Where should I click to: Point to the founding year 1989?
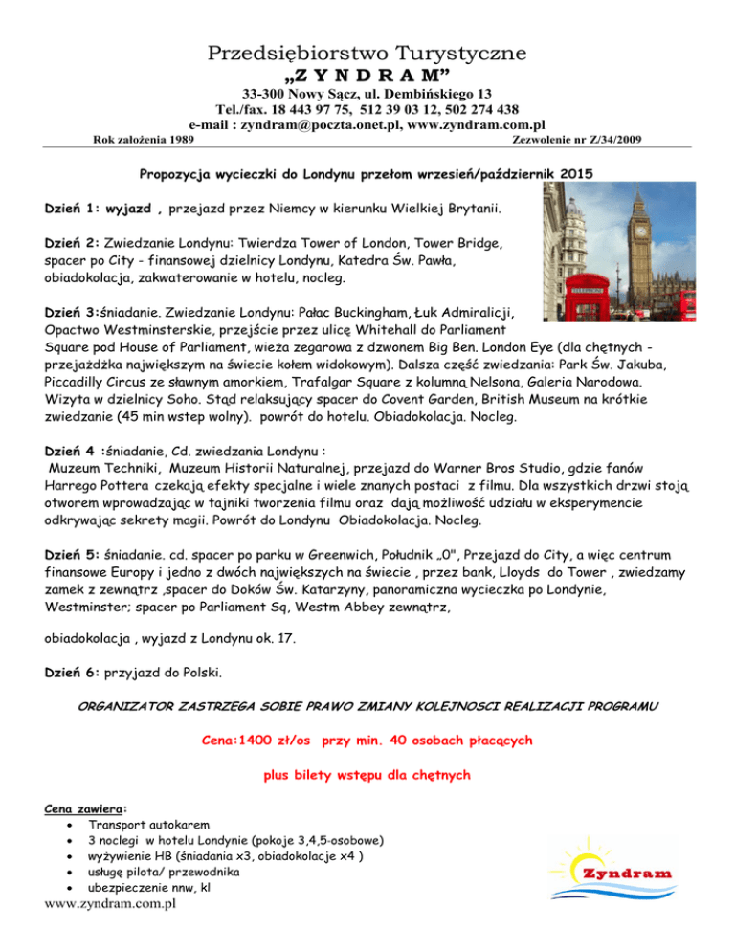(180, 141)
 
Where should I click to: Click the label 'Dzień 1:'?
(77, 208)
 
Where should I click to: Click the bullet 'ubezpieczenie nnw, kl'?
(148, 887)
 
